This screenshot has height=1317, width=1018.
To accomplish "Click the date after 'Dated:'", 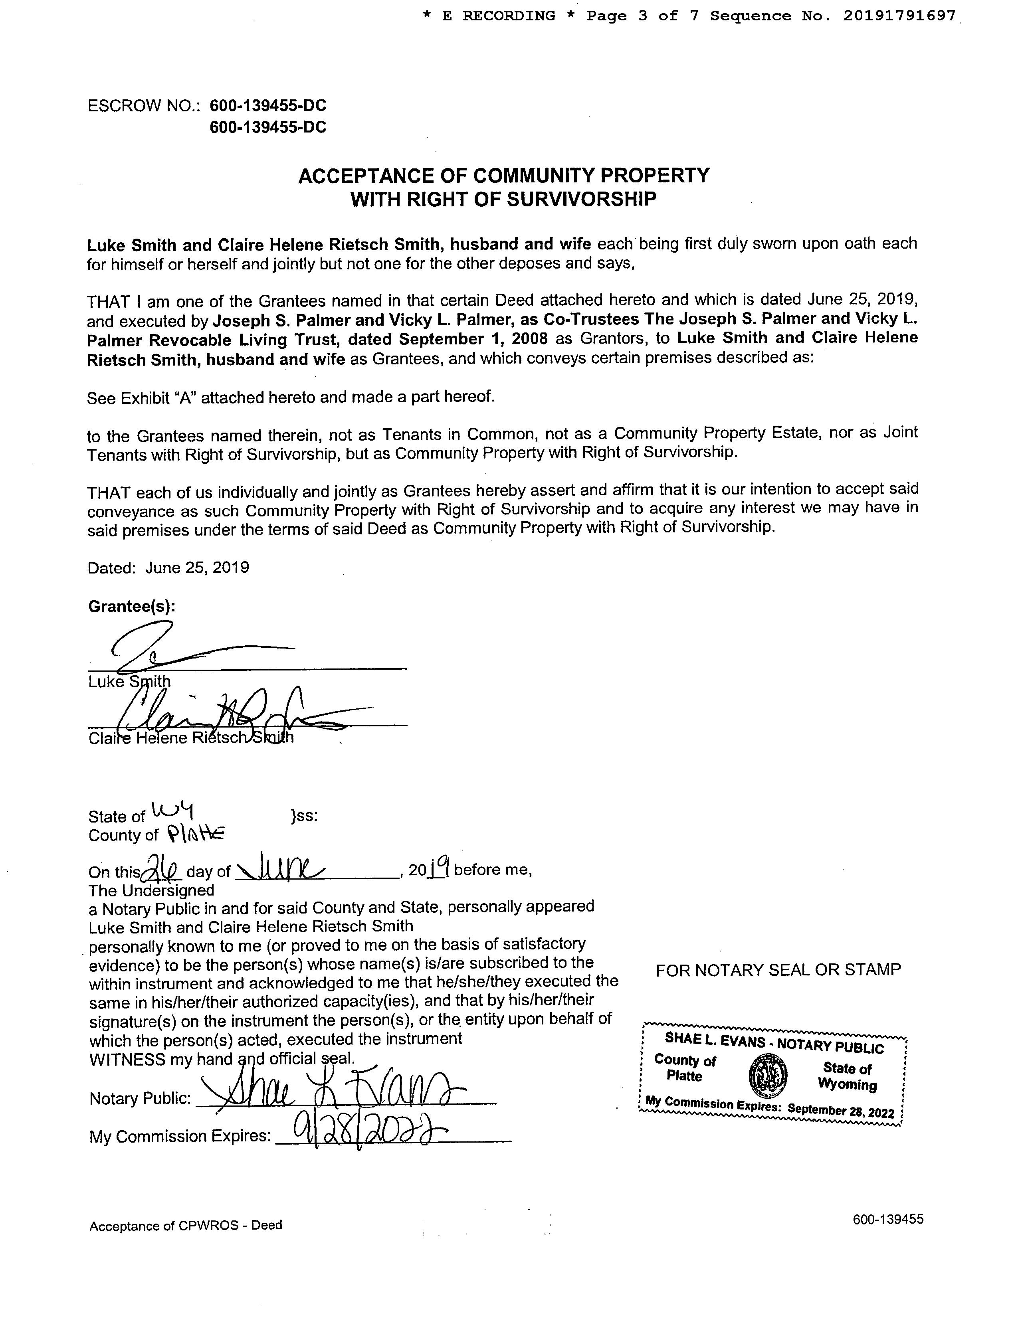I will [x=197, y=568].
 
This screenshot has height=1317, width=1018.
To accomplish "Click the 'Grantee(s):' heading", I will [x=132, y=606].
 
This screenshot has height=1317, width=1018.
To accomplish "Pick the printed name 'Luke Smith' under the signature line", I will [x=129, y=681].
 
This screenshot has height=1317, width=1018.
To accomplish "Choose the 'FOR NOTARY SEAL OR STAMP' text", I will [x=778, y=970].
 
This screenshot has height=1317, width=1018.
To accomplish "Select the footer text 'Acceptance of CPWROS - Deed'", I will [x=186, y=1225].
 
